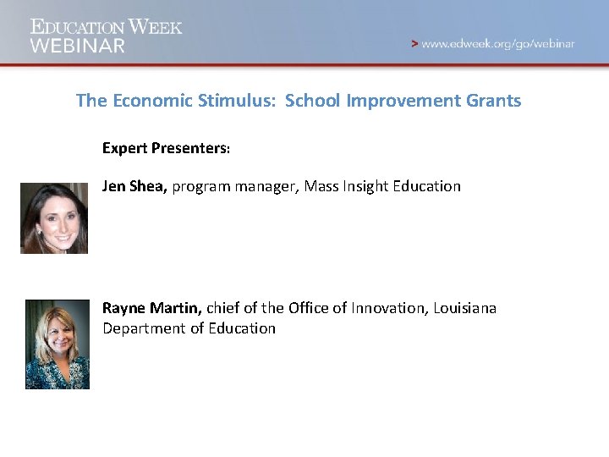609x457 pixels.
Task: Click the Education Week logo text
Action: [107, 26]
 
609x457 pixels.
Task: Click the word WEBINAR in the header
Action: [78, 46]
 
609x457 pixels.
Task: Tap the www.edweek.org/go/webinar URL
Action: [498, 44]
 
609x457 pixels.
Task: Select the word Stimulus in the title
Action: [236, 101]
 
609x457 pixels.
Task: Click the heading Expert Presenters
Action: [166, 148]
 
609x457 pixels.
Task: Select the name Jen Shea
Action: [134, 185]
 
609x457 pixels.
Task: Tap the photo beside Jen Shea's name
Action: [54, 217]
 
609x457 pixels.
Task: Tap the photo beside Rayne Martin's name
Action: [57, 344]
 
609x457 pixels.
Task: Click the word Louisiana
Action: [464, 308]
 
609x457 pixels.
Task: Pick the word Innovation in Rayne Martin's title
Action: [385, 308]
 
